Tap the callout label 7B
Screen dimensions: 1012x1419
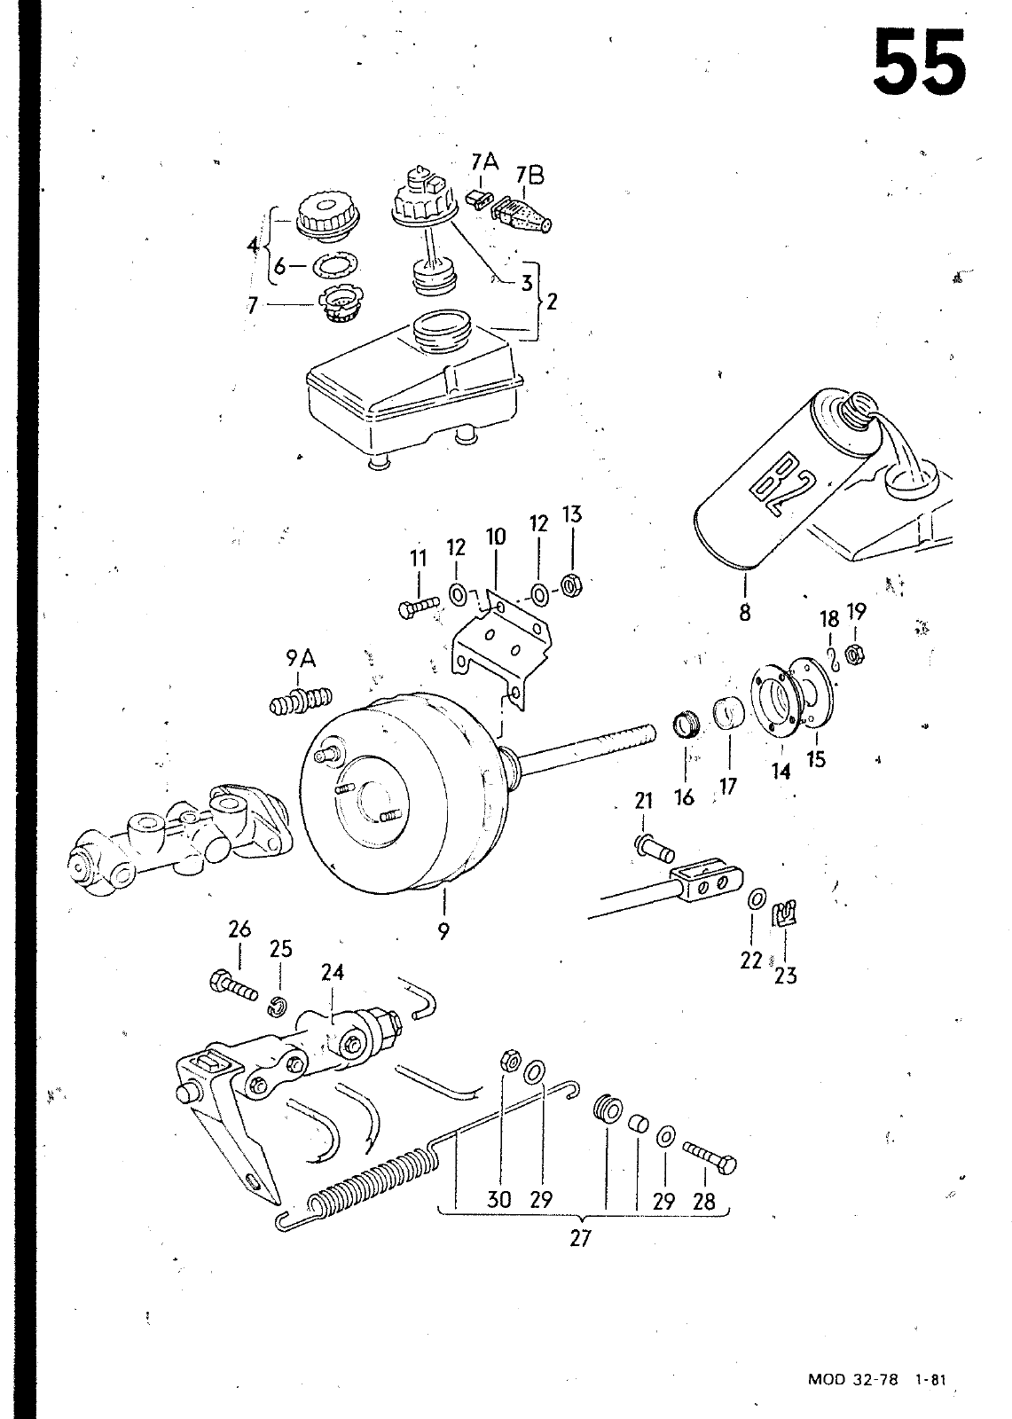click(530, 176)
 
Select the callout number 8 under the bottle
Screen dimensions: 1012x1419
click(744, 612)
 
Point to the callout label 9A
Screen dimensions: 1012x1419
click(301, 659)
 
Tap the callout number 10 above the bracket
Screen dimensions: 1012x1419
click(496, 537)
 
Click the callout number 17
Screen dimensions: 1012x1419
click(729, 786)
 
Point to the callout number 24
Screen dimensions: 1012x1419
click(332, 971)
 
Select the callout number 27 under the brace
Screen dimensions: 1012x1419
click(580, 1237)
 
